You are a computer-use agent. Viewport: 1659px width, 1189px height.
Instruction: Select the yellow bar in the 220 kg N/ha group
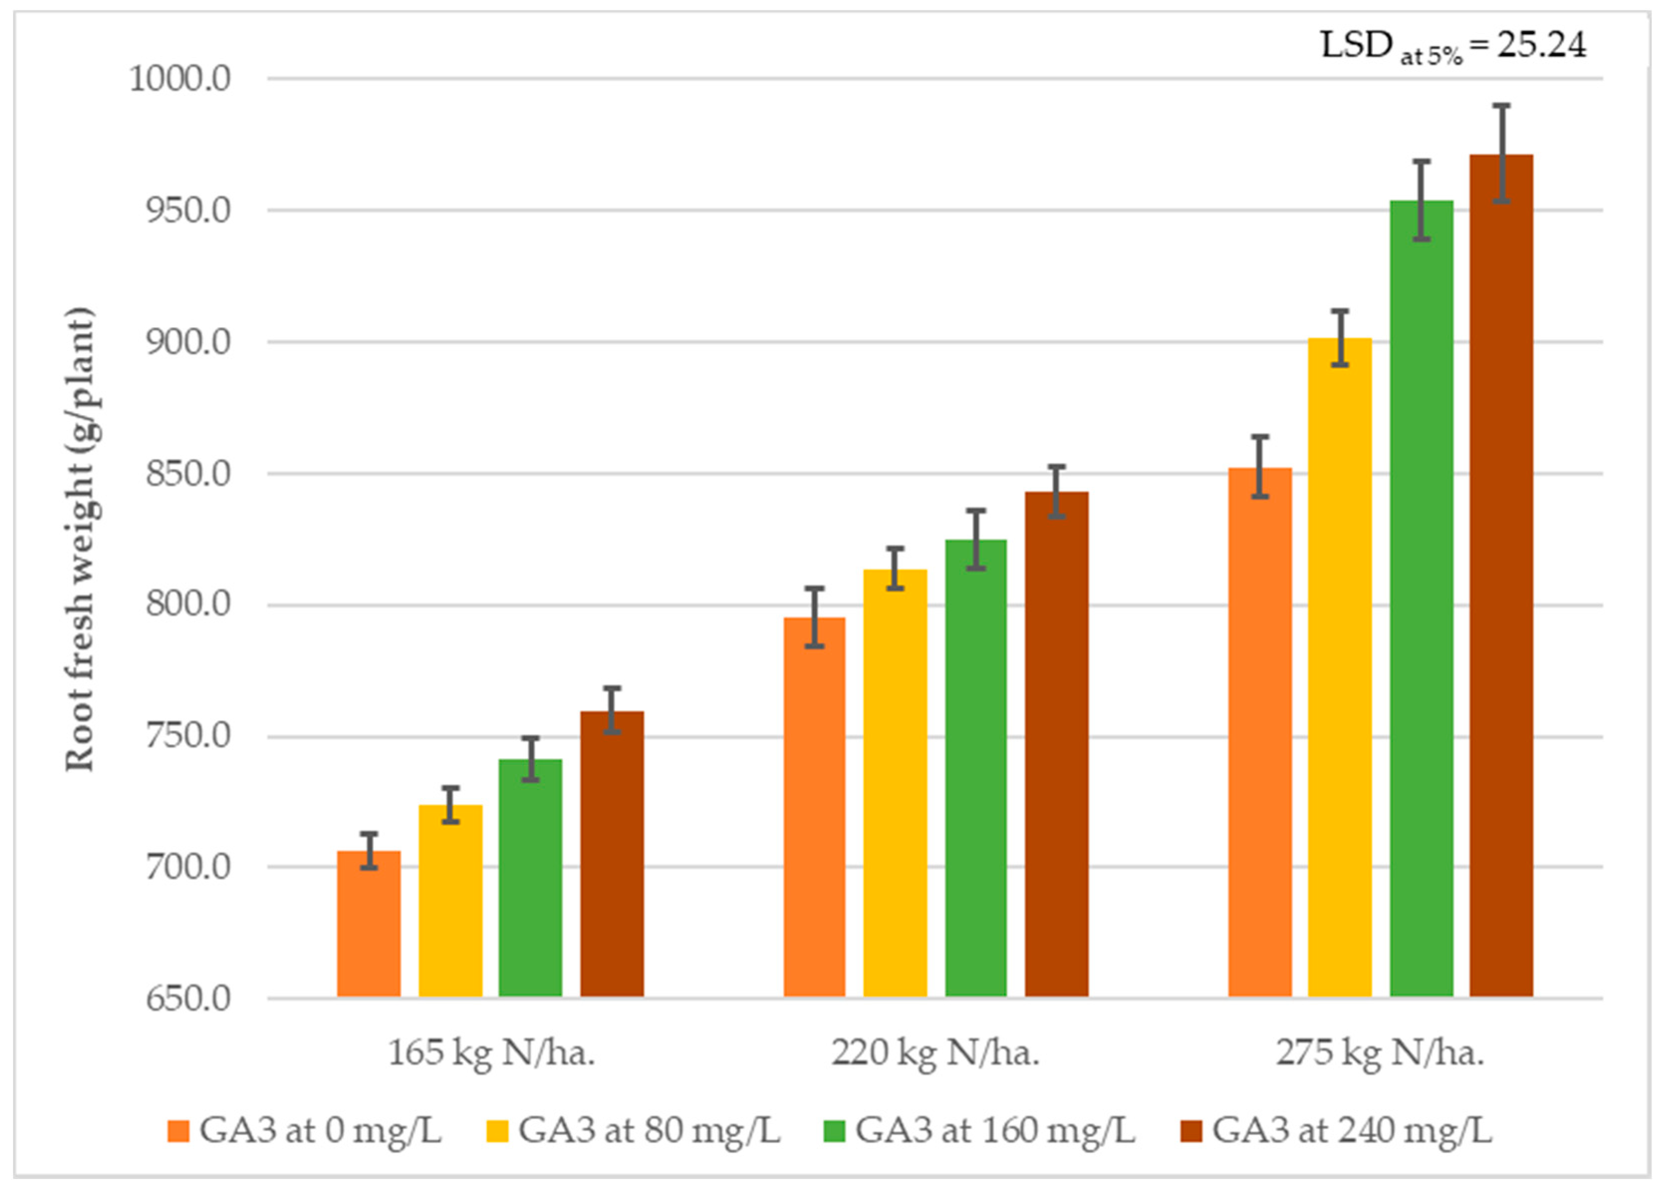click(x=894, y=783)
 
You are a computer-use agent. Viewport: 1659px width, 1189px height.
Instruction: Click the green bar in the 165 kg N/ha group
click(x=530, y=878)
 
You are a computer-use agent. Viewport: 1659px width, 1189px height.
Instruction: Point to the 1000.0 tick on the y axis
click(x=180, y=78)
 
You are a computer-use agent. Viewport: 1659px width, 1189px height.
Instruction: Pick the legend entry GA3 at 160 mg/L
click(x=995, y=1130)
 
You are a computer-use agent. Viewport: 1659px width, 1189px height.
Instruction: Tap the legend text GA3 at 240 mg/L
click(x=1352, y=1130)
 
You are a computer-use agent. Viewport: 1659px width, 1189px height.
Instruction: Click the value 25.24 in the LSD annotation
click(x=1541, y=45)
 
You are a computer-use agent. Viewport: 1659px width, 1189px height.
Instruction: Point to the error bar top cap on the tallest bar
click(x=1501, y=107)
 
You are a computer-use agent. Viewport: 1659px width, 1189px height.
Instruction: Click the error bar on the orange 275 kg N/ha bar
click(x=1260, y=467)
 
